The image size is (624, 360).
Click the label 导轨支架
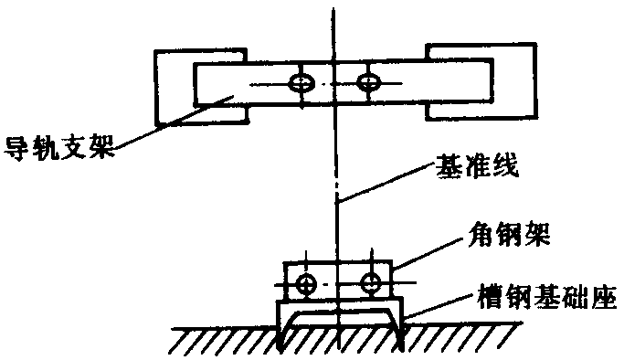tap(58, 148)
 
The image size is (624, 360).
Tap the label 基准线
tap(477, 166)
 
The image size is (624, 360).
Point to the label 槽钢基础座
tap(547, 298)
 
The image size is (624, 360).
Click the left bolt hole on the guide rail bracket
tap(301, 83)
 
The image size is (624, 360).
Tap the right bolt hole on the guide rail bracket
tap(368, 82)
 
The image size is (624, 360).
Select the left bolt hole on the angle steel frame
tap(306, 284)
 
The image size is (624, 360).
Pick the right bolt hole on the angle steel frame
tap(372, 283)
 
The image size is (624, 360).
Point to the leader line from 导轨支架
tap(173, 122)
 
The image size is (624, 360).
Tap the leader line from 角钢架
tap(429, 254)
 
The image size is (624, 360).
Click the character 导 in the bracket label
tap(16, 148)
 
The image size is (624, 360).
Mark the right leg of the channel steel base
tap(399, 326)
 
